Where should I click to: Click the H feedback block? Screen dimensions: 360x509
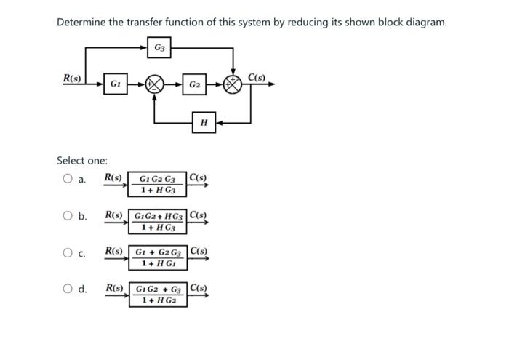[x=204, y=124]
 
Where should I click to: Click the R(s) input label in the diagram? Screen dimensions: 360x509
[x=72, y=78]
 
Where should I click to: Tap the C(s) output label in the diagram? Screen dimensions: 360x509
[x=257, y=77]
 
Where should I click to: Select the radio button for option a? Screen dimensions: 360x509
[x=67, y=180]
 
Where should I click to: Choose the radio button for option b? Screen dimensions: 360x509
[x=67, y=216]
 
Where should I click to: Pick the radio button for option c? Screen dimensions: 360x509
[x=67, y=253]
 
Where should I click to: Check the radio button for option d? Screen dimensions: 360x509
[x=67, y=289]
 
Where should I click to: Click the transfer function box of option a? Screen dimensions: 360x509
[x=157, y=185]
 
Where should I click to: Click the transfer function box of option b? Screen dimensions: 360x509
[x=158, y=222]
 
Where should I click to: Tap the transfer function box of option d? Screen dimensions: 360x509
[x=158, y=295]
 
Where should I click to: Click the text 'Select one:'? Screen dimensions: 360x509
[x=82, y=160]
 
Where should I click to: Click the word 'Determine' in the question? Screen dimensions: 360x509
[x=81, y=22]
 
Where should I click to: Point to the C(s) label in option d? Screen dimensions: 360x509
[x=199, y=288]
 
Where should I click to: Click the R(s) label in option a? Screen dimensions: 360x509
[x=113, y=177]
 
